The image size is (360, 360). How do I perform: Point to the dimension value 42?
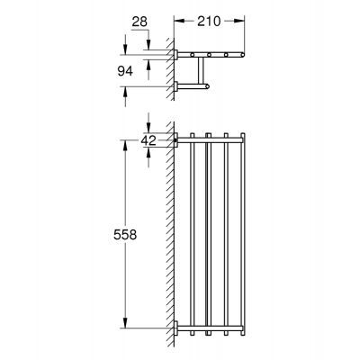tap(149, 140)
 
